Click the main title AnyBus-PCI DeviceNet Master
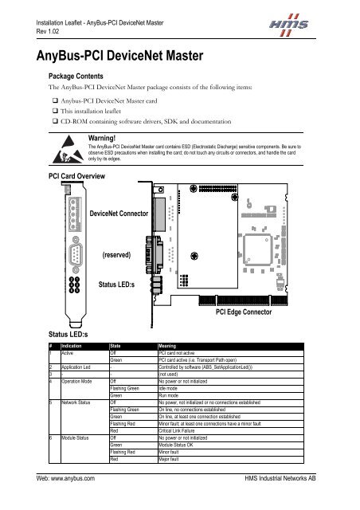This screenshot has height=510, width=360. click(x=118, y=57)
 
